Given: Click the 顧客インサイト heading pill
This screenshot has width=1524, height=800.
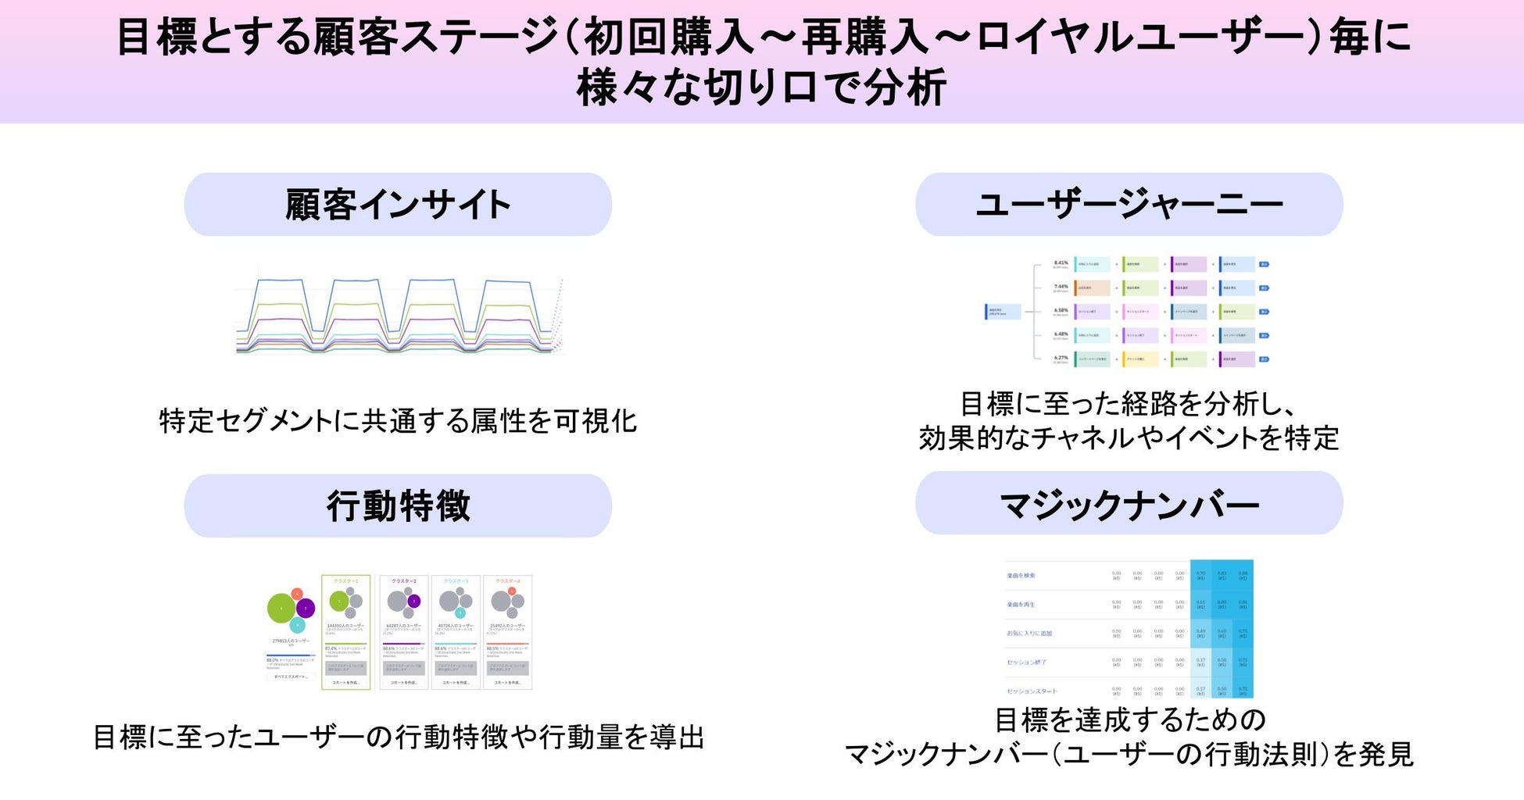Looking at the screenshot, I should coord(398,205).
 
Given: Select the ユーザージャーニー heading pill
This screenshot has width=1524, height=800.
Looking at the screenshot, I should coord(1129,205).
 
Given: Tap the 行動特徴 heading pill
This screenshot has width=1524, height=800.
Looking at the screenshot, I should coord(398,505).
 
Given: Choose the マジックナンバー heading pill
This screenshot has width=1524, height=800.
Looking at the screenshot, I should coord(1129,504).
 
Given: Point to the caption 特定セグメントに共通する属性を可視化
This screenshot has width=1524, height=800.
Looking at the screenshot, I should coord(398,421).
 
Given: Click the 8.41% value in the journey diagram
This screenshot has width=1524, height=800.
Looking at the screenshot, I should coord(1061,263).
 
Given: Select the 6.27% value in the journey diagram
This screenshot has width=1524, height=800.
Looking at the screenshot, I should coord(1061,358).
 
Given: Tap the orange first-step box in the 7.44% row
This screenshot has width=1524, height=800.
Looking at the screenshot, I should coord(1092,288).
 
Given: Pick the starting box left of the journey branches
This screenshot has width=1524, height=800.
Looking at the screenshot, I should coord(1003,312).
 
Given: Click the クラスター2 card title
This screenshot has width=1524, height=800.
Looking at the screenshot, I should coord(403,582).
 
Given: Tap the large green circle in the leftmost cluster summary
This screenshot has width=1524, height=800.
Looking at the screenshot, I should coord(281,608).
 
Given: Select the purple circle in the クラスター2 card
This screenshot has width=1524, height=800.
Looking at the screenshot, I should coord(413,601).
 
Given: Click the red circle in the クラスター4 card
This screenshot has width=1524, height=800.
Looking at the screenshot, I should coord(511,591).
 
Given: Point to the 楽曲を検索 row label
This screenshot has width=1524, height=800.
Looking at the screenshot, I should coord(1021,576).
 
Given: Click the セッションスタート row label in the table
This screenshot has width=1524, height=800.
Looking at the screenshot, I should coord(1032,691).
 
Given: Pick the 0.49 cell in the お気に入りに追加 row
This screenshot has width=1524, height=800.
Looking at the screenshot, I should coord(1200,631).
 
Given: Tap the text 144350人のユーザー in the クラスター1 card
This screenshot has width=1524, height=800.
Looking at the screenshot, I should coord(345,626).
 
